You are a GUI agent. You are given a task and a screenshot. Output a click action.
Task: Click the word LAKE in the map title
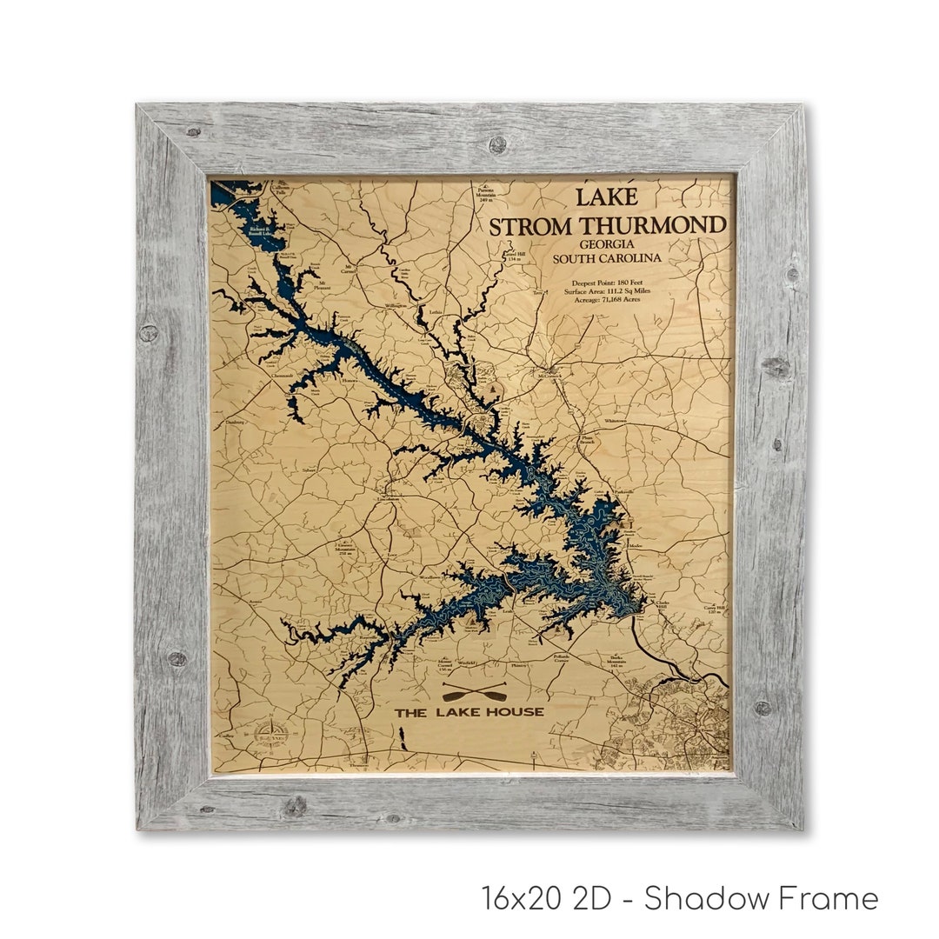[x=607, y=197]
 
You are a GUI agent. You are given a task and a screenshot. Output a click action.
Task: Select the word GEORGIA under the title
[x=609, y=245]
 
